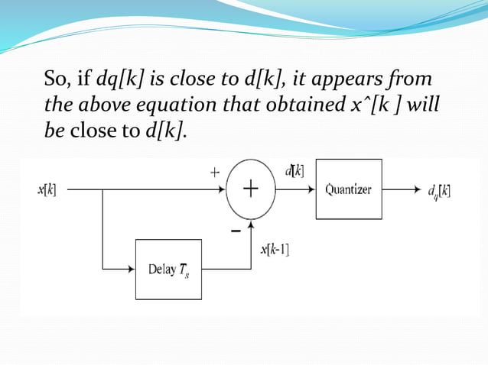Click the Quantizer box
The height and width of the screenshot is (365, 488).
(348, 189)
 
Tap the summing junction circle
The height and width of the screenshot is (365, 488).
(250, 189)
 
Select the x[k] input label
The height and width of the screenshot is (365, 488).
(46, 189)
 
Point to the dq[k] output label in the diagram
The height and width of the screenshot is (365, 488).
(438, 190)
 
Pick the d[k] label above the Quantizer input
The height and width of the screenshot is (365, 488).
(294, 171)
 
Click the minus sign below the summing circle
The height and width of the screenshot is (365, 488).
(236, 230)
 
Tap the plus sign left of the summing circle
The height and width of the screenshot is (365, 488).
(216, 173)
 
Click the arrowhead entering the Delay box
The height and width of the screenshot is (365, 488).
(131, 269)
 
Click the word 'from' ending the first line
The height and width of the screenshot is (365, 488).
(412, 79)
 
